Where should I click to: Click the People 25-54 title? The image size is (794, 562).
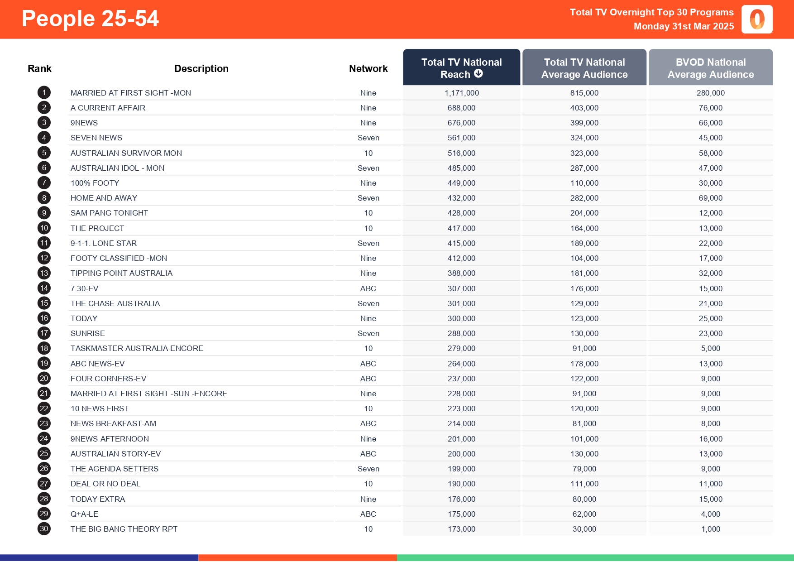pyautogui.click(x=90, y=19)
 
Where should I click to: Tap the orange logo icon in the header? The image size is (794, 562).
pyautogui.click(x=757, y=19)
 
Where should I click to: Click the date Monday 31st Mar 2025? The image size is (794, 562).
pyautogui.click(x=684, y=26)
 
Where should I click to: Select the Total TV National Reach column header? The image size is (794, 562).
pyautogui.click(x=461, y=67)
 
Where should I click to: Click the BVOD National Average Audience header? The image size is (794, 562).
pyautogui.click(x=710, y=68)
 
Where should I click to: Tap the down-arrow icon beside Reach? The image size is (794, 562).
pyautogui.click(x=478, y=74)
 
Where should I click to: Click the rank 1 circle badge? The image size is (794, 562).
pyautogui.click(x=44, y=93)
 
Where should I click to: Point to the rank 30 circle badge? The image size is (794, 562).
pyautogui.click(x=44, y=529)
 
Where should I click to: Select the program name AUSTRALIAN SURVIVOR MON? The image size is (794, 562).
pyautogui.click(x=126, y=153)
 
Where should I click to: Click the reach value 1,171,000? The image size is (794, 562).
pyautogui.click(x=461, y=93)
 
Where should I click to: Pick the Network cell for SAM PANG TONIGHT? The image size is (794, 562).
pyautogui.click(x=368, y=213)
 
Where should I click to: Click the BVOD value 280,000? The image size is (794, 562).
pyautogui.click(x=710, y=93)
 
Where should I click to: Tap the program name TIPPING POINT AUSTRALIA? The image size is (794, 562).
pyautogui.click(x=121, y=273)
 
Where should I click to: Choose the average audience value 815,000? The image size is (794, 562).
pyautogui.click(x=584, y=93)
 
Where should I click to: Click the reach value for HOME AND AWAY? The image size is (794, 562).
pyautogui.click(x=461, y=198)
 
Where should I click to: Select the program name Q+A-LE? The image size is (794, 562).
pyautogui.click(x=84, y=514)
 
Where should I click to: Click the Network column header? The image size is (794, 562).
pyautogui.click(x=368, y=68)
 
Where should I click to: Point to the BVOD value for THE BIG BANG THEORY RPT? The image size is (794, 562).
pyautogui.click(x=710, y=529)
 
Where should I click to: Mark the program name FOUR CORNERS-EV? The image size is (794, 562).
pyautogui.click(x=108, y=379)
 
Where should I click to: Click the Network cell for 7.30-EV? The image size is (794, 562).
pyautogui.click(x=368, y=288)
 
